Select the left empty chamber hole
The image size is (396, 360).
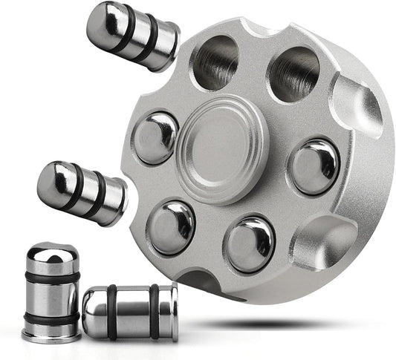216,62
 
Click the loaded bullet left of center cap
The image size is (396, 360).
156,138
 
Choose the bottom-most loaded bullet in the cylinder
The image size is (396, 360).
249,243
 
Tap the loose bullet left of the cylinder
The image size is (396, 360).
79,192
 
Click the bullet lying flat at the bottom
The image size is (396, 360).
129,312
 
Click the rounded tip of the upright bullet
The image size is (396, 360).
50,252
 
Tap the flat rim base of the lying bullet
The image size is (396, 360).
173,312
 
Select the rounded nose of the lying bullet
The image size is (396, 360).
91,312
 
